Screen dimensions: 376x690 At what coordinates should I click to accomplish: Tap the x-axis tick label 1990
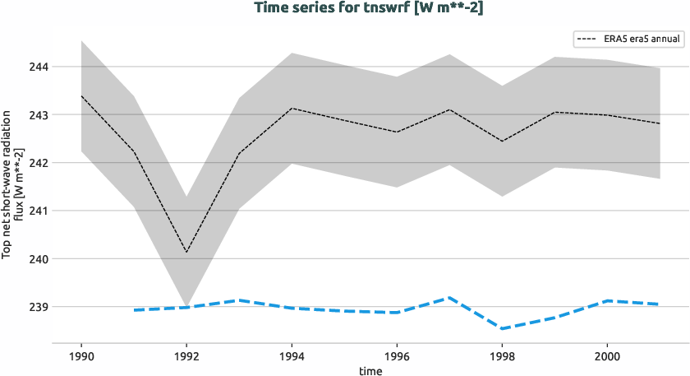(81, 356)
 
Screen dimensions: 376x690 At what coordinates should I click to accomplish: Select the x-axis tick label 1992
(186, 356)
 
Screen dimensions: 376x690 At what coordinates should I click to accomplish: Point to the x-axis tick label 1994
(292, 356)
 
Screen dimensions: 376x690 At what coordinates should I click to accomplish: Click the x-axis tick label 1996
(397, 356)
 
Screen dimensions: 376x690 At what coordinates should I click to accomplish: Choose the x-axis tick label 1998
(502, 356)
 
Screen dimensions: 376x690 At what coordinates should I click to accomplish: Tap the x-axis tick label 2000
(607, 356)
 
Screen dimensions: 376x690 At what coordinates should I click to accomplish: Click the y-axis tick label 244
(39, 67)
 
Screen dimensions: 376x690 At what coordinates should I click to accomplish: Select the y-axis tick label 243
(39, 114)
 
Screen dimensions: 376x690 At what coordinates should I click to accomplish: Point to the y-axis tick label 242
(39, 163)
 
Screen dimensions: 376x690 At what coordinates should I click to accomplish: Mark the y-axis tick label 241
(39, 211)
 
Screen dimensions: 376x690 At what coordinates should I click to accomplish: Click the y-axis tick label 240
(39, 259)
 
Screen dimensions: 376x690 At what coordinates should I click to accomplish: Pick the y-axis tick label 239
(39, 307)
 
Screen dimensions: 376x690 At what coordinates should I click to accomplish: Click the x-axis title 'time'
(370, 371)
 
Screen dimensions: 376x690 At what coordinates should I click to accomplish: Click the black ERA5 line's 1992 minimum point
(186, 252)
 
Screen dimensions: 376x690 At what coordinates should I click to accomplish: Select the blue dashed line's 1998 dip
(502, 329)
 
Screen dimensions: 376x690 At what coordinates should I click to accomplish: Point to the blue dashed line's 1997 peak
(449, 298)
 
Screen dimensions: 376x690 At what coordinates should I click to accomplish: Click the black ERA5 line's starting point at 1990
(81, 96)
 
